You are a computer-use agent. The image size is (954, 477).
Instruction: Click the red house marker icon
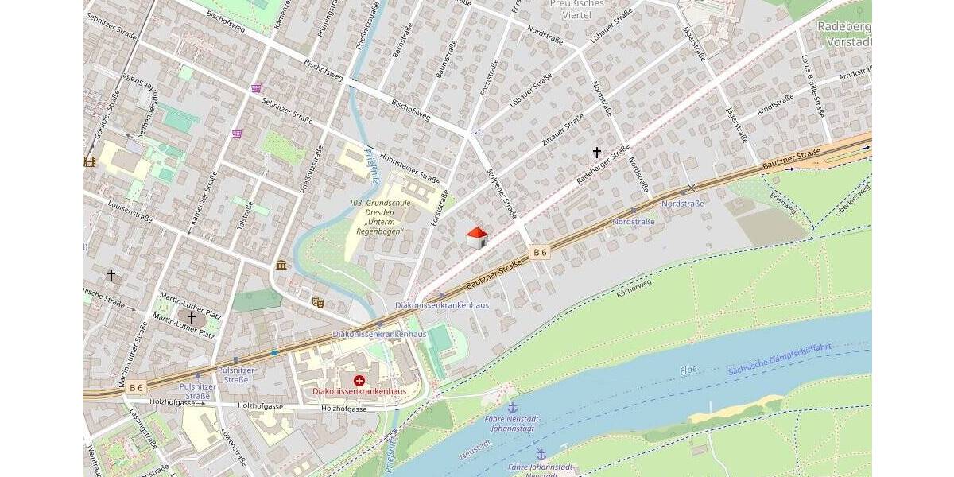pyautogui.click(x=476, y=237)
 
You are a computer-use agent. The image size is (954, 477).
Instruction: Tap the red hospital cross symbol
pyautogui.click(x=359, y=381)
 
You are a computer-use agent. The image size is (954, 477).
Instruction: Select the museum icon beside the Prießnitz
pyautogui.click(x=281, y=265)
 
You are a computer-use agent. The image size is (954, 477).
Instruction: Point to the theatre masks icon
pyautogui.click(x=318, y=302)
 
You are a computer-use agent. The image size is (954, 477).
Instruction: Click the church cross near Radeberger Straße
pyautogui.click(x=597, y=152)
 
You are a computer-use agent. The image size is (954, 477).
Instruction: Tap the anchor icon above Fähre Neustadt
pyautogui.click(x=512, y=407)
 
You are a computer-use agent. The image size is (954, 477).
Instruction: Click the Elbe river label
pyautogui.click(x=688, y=370)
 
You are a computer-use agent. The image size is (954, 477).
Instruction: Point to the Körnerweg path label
pyautogui.click(x=634, y=289)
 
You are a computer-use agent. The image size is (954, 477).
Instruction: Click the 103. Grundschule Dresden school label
pyautogui.click(x=379, y=217)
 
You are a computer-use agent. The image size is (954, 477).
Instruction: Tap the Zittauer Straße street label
pyautogui.click(x=562, y=130)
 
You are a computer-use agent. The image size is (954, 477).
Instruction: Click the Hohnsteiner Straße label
pyautogui.click(x=409, y=167)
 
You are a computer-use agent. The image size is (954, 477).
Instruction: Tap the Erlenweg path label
pyautogui.click(x=782, y=205)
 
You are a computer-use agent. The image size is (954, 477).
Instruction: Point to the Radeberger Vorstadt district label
pyautogui.click(x=844, y=33)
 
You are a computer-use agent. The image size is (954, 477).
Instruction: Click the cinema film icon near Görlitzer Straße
pyautogui.click(x=89, y=161)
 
